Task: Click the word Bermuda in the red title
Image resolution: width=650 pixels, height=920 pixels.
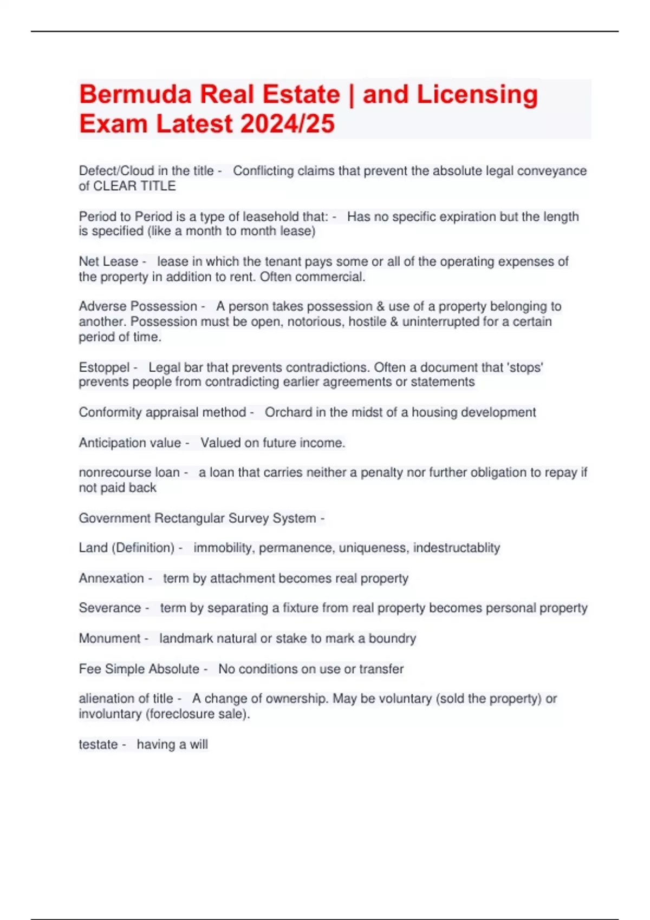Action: coord(135,95)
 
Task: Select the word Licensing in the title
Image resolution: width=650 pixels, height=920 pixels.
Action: coord(477,95)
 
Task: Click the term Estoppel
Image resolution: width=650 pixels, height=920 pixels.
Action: coord(104,367)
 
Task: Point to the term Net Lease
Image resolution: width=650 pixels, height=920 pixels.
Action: coord(108,261)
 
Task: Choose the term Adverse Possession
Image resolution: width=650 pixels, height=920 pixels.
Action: coord(138,306)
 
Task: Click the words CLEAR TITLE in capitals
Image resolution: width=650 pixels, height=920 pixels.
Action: coord(135,186)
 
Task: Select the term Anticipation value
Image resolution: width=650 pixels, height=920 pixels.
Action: coord(130,443)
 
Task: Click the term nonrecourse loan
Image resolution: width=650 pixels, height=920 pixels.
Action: coord(129,472)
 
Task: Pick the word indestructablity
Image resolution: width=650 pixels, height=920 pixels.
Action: coord(456,548)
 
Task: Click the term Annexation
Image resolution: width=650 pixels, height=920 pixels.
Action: coord(111,579)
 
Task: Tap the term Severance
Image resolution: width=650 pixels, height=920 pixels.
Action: coord(110,608)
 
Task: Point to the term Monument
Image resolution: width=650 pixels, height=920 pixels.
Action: coord(109,639)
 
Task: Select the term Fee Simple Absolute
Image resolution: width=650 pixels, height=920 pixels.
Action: coord(139,669)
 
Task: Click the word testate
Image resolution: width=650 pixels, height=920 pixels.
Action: coord(98,745)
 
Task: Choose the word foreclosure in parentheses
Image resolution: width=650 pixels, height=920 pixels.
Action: coord(181,714)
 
